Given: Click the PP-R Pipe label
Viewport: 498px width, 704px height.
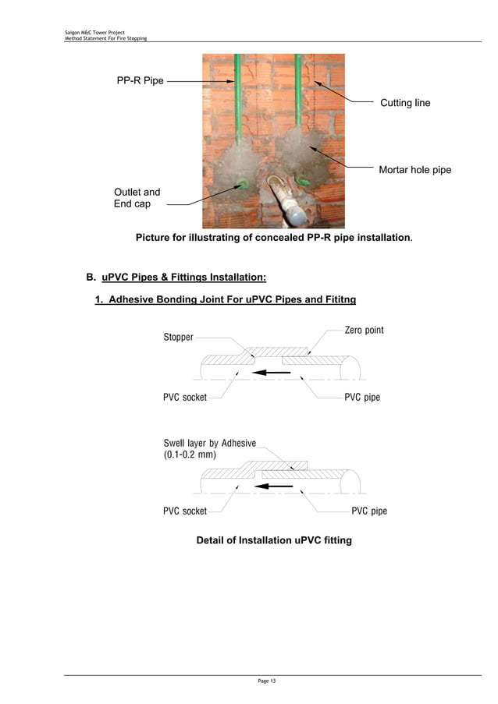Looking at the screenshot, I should tap(141, 80).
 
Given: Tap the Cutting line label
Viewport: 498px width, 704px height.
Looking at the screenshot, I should tap(404, 103).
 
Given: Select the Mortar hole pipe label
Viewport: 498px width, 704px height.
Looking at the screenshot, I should tap(414, 170).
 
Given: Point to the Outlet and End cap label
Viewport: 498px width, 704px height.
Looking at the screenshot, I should tap(137, 198).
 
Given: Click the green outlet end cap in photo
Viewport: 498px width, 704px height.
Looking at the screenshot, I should tap(243, 186).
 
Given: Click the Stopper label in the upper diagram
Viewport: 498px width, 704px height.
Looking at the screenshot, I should tap(178, 338).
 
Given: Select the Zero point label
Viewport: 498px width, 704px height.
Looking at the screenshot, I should tap(364, 331).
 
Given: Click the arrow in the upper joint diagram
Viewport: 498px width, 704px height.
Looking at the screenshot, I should tap(272, 373).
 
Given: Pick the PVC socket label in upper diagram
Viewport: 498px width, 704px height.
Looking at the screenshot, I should tap(185, 398).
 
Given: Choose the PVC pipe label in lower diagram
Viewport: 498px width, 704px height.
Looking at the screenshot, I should tap(369, 511).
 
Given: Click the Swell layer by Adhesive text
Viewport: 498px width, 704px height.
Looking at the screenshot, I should tap(209, 443).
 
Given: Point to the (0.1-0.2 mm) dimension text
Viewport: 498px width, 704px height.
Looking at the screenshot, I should tap(190, 455).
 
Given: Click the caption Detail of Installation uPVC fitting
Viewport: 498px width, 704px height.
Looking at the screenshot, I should tap(273, 540).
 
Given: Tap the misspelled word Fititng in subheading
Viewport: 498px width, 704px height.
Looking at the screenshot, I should tap(337, 300).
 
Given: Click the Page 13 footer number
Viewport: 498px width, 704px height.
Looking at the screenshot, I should tap(266, 681).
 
